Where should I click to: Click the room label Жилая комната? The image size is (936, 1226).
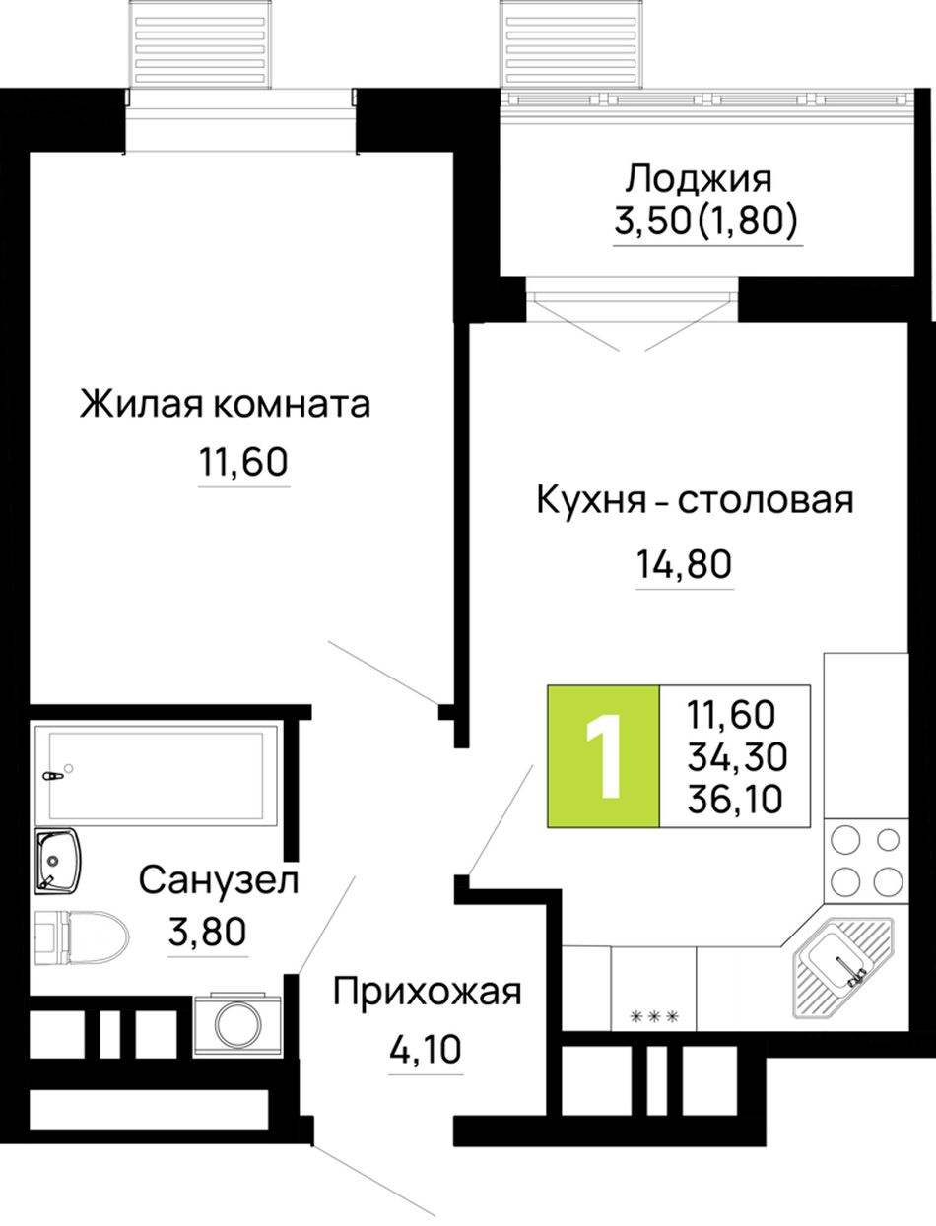pos(225,404)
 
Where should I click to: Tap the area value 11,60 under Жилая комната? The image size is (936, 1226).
pos(243,462)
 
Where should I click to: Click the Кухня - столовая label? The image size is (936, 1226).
pos(696,500)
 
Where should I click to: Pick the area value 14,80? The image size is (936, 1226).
pos(684,564)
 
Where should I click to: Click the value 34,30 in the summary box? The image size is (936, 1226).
pos(737,757)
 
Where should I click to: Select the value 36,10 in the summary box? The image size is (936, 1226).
pos(735,799)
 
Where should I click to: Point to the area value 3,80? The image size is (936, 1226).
pos(207,933)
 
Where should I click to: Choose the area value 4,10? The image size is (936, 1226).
pos(426,1050)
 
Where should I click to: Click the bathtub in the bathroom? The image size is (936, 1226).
pos(157,775)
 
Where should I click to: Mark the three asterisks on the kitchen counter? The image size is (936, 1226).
pos(654,1016)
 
